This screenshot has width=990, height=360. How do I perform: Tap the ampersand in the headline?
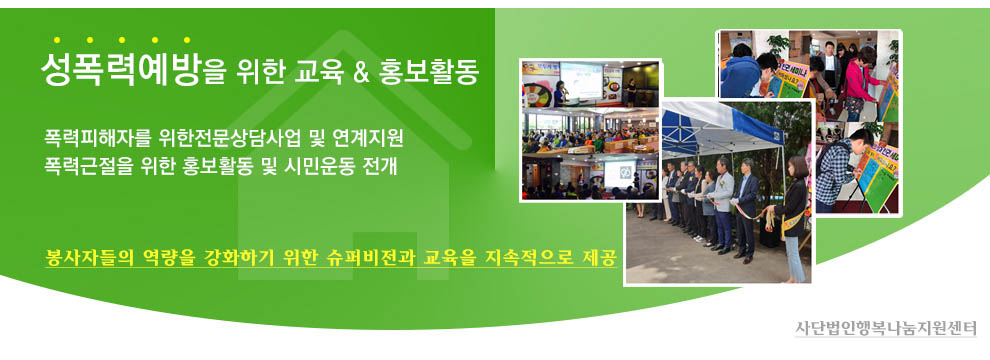361,73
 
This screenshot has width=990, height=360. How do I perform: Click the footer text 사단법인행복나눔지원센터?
885,328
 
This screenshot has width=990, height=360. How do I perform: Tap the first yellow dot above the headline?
57,40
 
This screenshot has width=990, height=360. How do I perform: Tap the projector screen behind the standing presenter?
581,79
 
